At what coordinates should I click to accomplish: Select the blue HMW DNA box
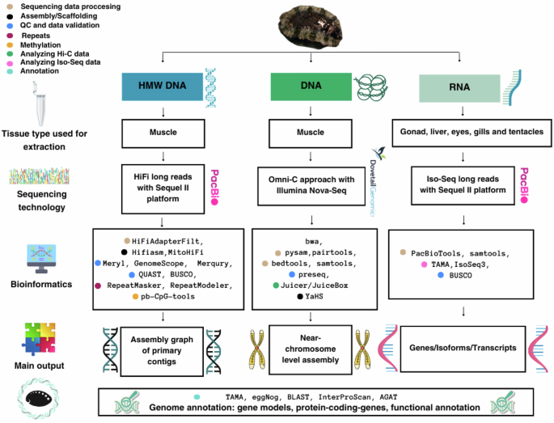click(163, 87)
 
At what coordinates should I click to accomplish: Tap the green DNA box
click(304, 87)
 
